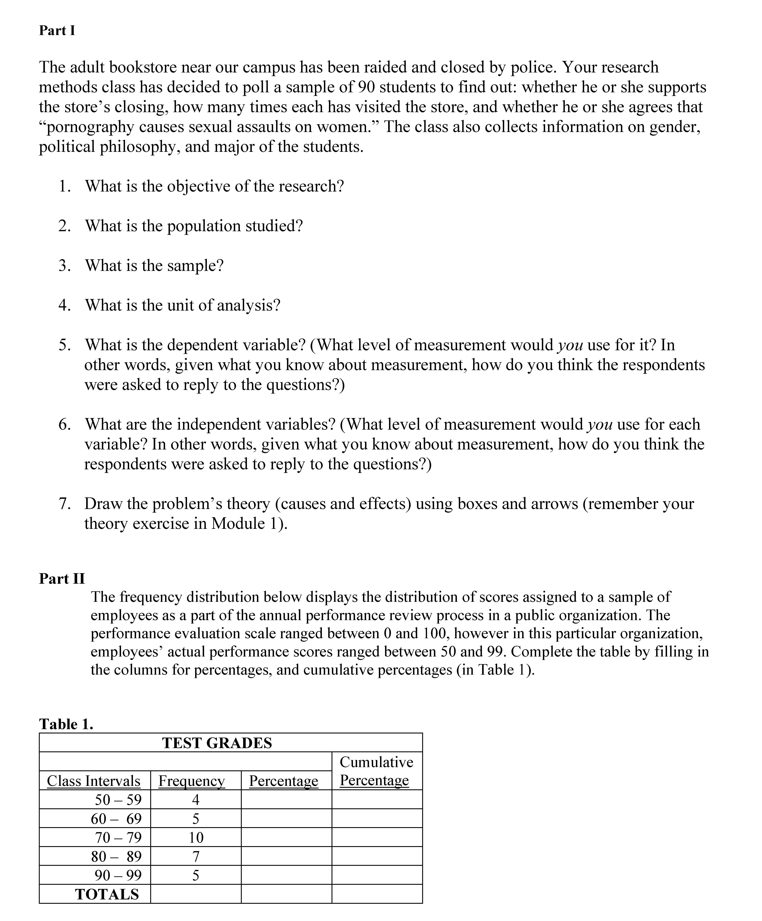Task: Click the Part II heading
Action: click(x=62, y=579)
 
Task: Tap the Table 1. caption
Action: click(x=66, y=724)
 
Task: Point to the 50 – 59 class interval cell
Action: click(x=118, y=800)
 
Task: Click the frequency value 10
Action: click(x=196, y=838)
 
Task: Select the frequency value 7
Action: click(x=196, y=856)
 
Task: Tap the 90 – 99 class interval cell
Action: click(x=118, y=875)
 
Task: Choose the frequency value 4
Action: click(x=196, y=800)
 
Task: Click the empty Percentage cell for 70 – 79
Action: click(x=286, y=838)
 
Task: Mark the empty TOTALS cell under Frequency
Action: click(x=196, y=894)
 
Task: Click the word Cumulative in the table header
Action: click(x=377, y=762)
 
